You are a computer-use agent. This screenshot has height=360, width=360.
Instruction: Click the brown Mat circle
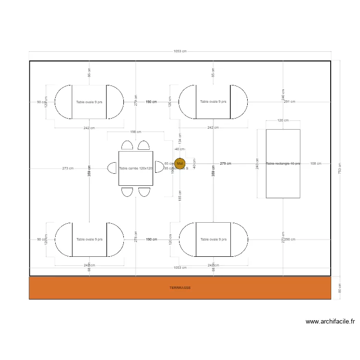click(180, 164)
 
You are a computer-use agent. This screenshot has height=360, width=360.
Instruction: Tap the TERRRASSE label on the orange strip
click(180, 288)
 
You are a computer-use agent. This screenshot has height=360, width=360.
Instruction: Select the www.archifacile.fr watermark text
click(330, 322)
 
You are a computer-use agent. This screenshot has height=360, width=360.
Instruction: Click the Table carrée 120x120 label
click(135, 168)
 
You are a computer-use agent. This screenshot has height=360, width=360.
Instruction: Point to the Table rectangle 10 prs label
click(283, 164)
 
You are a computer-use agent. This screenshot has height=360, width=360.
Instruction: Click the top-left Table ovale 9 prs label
click(89, 102)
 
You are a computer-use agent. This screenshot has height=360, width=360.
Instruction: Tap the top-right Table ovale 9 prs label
click(213, 102)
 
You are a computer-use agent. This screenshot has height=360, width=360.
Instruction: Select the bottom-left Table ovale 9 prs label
click(89, 239)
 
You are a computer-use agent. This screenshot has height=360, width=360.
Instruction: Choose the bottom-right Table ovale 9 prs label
click(213, 239)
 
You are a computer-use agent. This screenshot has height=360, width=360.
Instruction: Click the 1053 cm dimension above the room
click(180, 51)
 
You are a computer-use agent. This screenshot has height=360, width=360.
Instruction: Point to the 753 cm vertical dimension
click(340, 168)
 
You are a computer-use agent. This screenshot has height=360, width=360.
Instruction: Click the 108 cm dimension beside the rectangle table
click(316, 164)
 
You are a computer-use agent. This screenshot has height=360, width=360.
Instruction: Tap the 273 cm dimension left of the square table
click(68, 168)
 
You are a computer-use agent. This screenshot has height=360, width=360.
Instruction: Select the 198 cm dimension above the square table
click(135, 132)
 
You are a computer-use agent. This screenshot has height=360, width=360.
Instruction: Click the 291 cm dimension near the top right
click(289, 102)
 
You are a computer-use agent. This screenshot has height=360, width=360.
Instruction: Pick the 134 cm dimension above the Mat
click(180, 138)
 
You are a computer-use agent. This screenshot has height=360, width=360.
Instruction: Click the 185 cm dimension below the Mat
click(180, 195)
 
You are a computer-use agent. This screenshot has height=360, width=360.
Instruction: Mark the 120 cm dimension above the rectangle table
click(283, 120)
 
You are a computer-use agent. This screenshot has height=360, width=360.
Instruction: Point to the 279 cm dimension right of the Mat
click(226, 164)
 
